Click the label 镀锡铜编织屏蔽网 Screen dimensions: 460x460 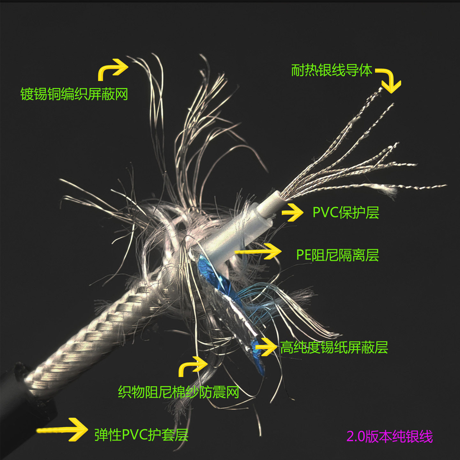point(74,94)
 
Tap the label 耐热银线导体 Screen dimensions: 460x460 point(332,70)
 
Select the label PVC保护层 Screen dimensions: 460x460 point(346,212)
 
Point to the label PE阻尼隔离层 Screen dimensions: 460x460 point(337,255)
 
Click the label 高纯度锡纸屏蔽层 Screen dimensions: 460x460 point(334,348)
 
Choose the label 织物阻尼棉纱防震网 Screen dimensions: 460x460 point(179,392)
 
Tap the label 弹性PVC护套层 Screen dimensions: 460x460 point(141,435)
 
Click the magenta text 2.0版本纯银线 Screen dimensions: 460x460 point(389,436)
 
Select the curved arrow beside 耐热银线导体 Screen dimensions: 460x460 point(389,80)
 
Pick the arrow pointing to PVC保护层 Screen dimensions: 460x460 point(292,212)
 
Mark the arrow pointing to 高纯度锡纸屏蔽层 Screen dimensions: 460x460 point(266,346)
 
